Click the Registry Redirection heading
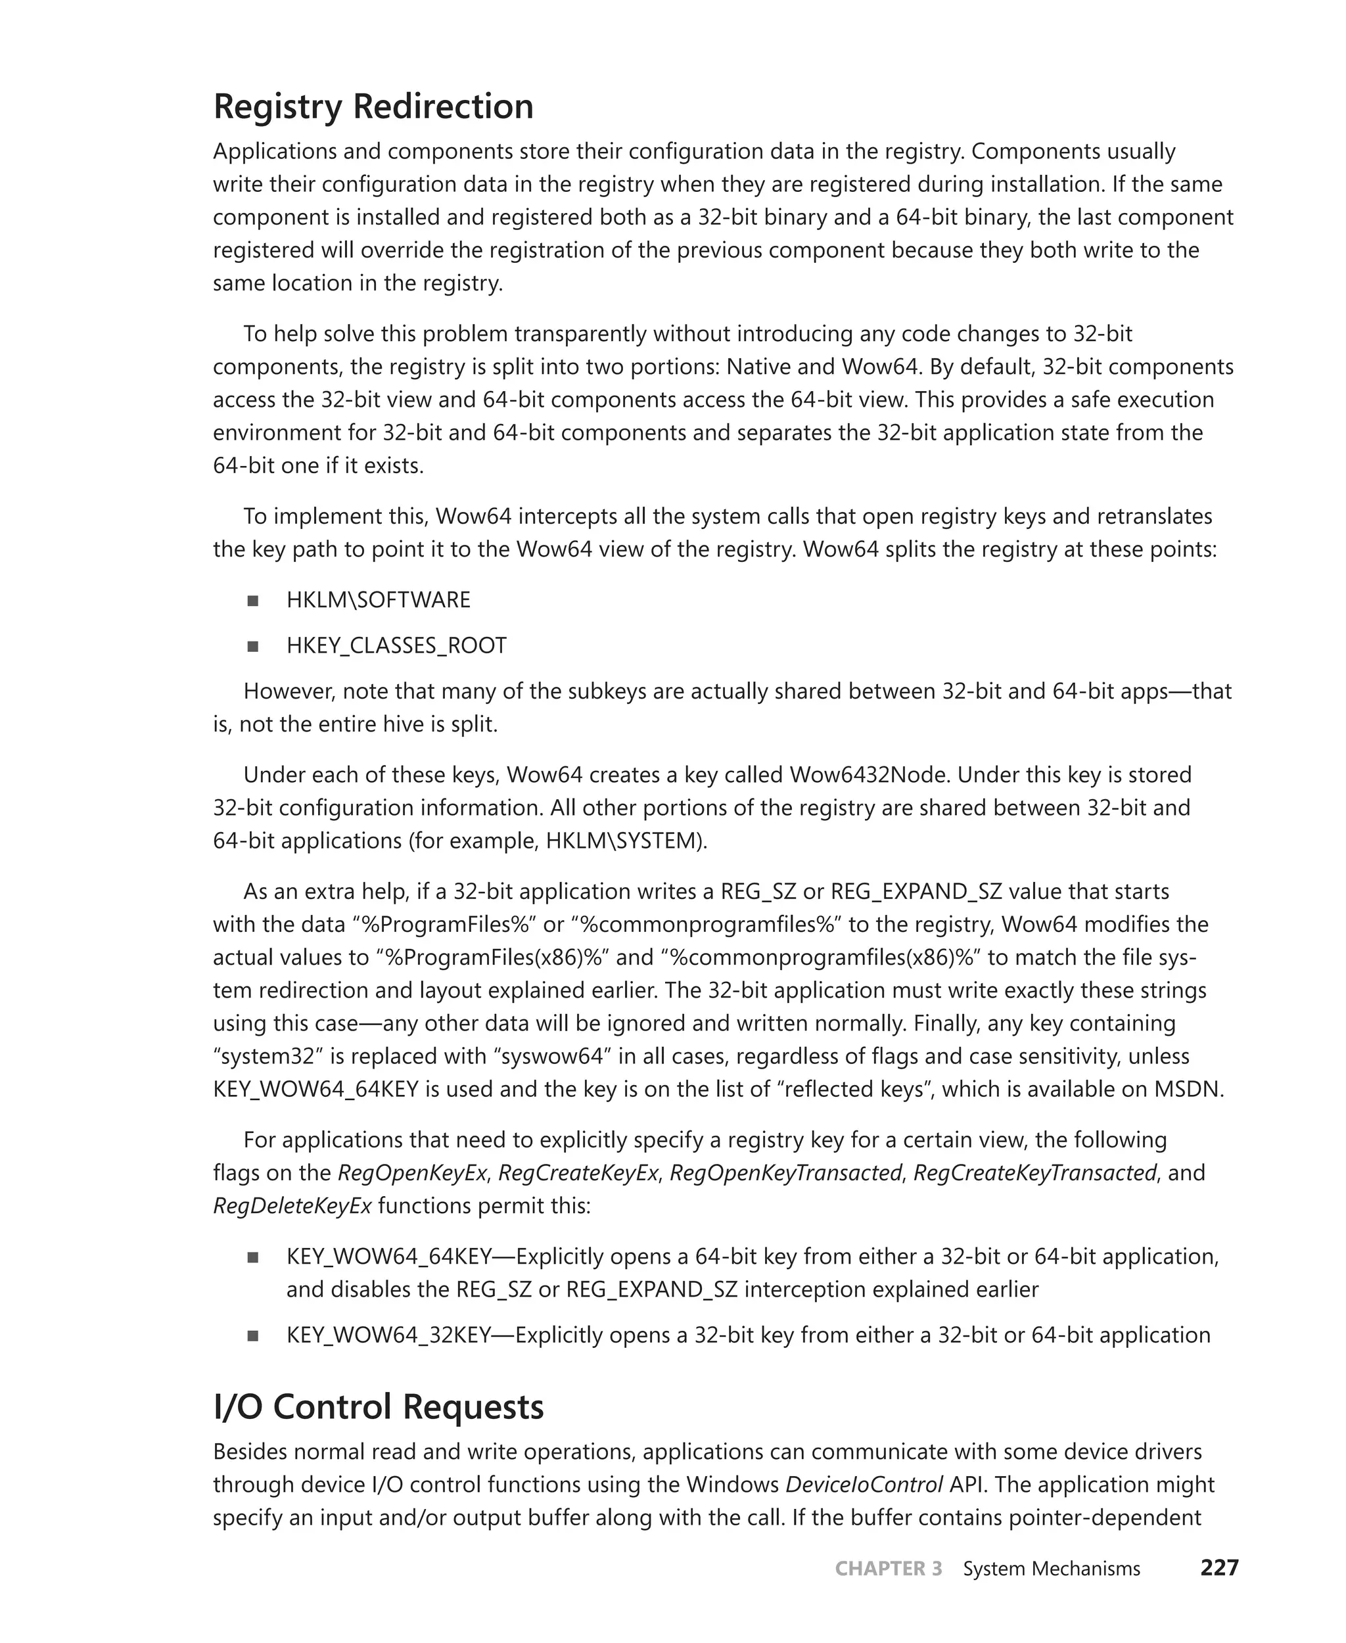373,106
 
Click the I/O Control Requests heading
379,1406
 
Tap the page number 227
1219,1568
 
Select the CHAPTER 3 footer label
888,1569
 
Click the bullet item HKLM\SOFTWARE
379,600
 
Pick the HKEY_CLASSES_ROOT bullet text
396,646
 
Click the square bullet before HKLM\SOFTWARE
253,601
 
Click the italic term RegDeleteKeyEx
292,1206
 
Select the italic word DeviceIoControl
864,1484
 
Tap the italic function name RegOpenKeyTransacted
785,1172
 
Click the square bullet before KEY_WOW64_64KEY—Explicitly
253,1257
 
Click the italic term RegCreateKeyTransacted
1034,1172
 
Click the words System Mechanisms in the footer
1051,1569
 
